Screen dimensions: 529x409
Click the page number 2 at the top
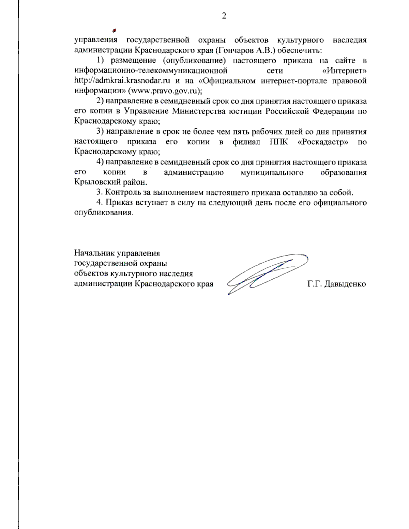(224, 16)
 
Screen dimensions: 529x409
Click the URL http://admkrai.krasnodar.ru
(122, 81)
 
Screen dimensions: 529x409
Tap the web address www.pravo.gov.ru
(165, 91)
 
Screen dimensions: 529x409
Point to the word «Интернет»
(344, 71)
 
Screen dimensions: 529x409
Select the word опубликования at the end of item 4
(103, 213)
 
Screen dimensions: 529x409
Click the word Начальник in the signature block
(94, 253)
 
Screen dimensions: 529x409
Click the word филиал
(246, 142)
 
